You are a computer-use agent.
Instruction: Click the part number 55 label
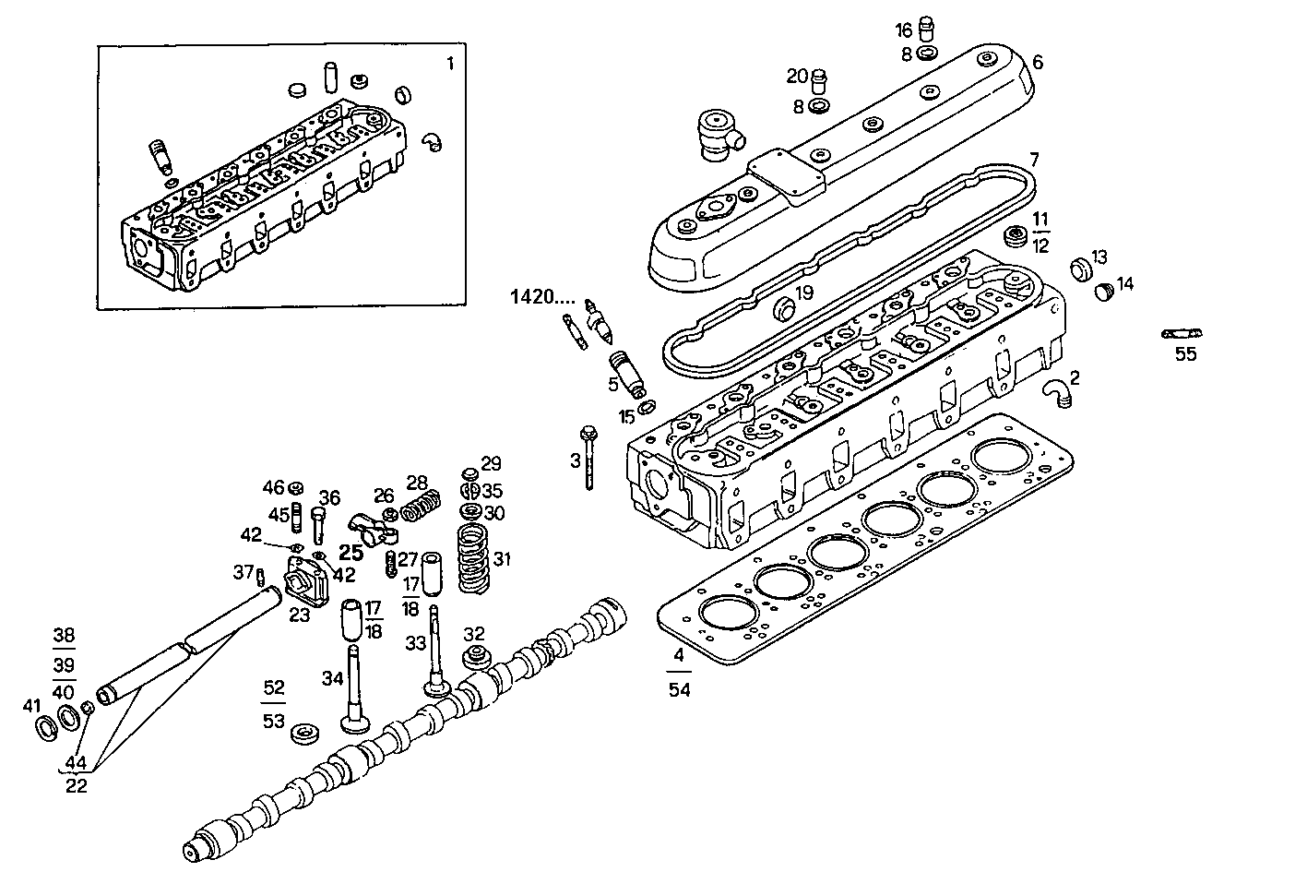(1185, 353)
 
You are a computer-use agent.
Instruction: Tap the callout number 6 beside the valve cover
(1038, 62)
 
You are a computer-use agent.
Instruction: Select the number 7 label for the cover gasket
(1034, 159)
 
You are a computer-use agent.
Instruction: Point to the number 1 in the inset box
(450, 64)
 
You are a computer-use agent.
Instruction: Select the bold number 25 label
(351, 553)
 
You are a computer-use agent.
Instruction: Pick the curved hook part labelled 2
(1055, 391)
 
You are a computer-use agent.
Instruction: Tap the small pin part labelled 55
(1183, 333)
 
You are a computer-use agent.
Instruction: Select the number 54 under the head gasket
(679, 690)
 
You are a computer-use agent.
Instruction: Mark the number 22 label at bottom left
(77, 785)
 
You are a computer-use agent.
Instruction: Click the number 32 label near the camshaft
(474, 634)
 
